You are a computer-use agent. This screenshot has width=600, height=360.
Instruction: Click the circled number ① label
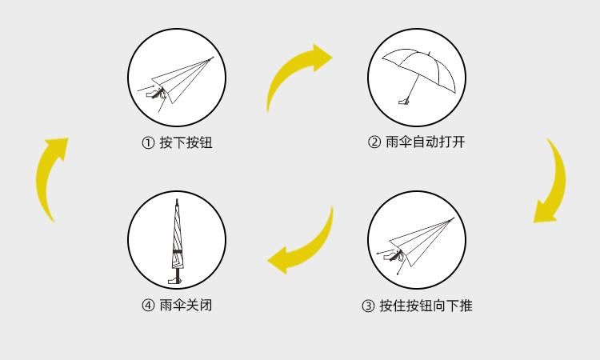(148, 143)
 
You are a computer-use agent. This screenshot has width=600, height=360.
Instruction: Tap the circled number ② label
(374, 142)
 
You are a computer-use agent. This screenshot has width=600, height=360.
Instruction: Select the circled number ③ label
(368, 306)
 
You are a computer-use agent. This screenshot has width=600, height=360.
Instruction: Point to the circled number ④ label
(148, 306)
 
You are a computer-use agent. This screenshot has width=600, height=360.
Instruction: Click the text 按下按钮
(186, 142)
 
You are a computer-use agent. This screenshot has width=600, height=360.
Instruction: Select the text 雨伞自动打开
(426, 142)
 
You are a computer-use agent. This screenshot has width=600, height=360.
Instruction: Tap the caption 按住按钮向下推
(426, 306)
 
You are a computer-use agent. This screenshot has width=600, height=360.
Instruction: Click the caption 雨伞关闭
(186, 306)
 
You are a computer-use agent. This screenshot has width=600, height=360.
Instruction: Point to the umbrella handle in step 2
(403, 102)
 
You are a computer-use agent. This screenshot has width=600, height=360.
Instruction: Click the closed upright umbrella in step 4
(177, 241)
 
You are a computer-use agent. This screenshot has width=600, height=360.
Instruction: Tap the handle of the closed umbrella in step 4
(176, 281)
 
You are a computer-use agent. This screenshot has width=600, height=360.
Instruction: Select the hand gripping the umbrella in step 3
(392, 255)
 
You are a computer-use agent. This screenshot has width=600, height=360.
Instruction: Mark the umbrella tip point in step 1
(214, 58)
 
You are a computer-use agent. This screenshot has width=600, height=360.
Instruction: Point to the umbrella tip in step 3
(454, 218)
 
